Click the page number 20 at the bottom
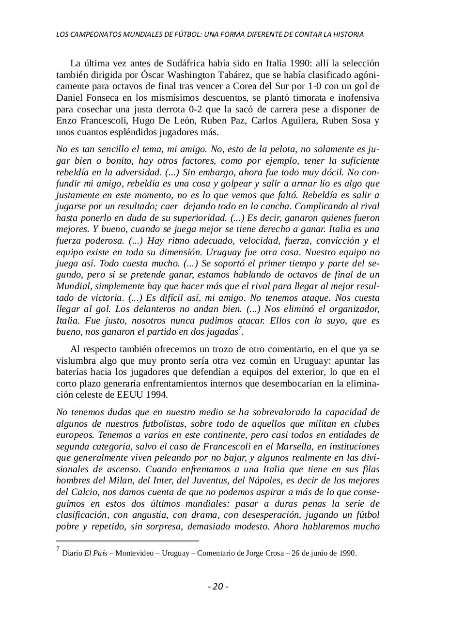click(x=218, y=587)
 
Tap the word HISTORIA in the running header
click(x=347, y=34)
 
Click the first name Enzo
click(x=65, y=121)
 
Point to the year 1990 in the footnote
click(x=346, y=553)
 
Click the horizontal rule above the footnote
click(x=127, y=541)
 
